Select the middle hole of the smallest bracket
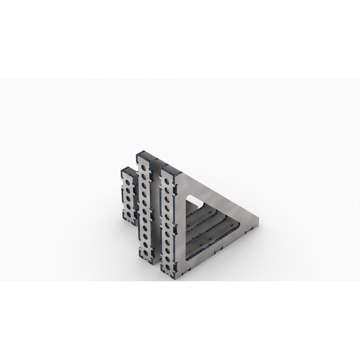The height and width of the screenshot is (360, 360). (128, 198)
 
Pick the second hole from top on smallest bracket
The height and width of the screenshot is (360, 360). (128, 190)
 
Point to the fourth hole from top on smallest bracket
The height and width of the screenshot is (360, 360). (129, 206)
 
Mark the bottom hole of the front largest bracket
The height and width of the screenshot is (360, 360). (168, 261)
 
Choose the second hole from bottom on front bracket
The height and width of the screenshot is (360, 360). (168, 252)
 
